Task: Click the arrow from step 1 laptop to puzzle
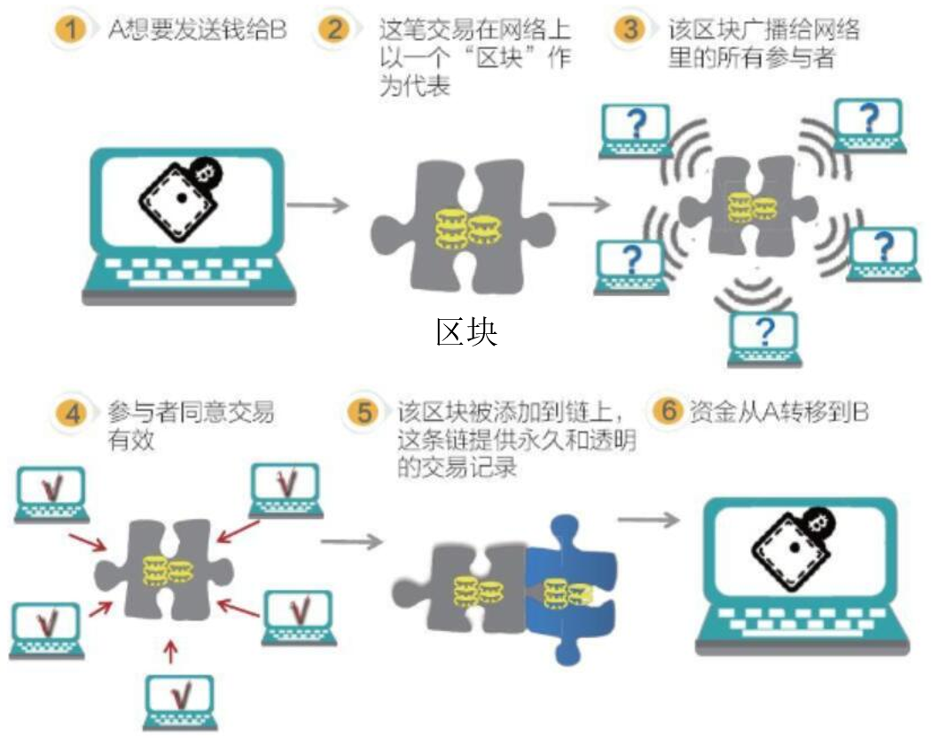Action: click(317, 206)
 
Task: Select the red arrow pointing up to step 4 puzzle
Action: click(172, 652)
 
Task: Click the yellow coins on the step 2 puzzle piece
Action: click(465, 230)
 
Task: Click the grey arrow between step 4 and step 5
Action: click(350, 541)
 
